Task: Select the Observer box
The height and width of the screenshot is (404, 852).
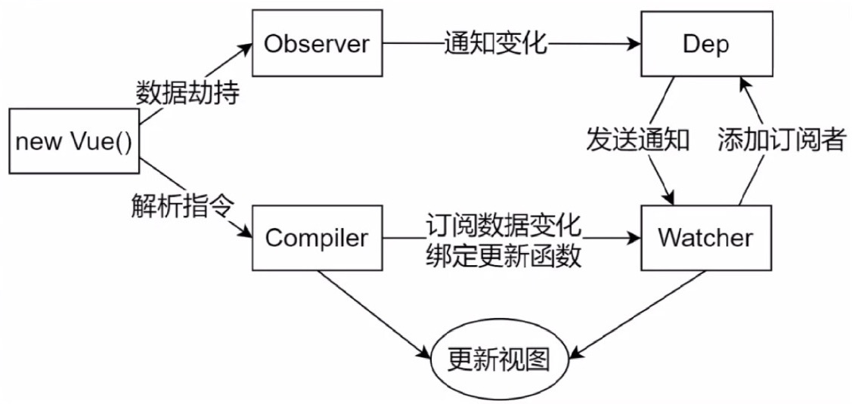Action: point(316,45)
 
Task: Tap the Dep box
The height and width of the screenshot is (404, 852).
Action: point(705,45)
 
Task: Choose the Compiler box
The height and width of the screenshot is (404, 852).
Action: point(316,239)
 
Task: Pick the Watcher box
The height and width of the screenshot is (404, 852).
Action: point(705,239)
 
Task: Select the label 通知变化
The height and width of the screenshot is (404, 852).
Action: point(496,45)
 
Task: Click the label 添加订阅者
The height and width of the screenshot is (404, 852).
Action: point(781,140)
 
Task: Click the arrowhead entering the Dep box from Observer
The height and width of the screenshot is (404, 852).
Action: point(634,45)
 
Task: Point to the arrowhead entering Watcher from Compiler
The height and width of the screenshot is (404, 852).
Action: point(634,239)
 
